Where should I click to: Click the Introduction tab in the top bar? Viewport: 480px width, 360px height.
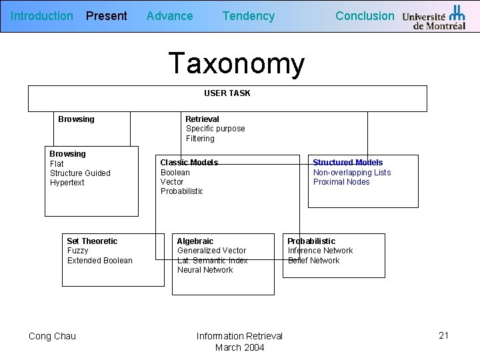tap(42, 16)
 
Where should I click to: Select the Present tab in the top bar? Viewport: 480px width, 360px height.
tap(107, 16)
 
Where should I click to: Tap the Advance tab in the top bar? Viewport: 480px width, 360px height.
tap(169, 16)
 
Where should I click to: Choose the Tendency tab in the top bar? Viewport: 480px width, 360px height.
tap(248, 16)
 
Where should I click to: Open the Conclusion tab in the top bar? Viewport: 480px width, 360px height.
tap(365, 16)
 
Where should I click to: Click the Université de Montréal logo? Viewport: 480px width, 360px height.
tap(434, 17)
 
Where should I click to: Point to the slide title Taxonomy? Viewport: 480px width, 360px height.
tap(237, 64)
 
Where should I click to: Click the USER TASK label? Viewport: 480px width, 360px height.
tap(227, 93)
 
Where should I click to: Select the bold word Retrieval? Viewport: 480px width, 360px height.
tap(202, 119)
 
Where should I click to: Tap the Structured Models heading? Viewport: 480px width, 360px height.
tap(348, 163)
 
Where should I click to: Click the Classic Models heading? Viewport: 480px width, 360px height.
tap(189, 163)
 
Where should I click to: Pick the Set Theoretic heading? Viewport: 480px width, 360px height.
tap(92, 241)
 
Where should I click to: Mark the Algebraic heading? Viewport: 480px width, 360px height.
tap(195, 241)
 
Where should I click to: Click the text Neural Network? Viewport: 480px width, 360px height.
tap(205, 270)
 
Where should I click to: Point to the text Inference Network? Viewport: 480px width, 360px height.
tap(320, 251)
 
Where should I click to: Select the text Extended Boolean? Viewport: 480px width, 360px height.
tap(100, 261)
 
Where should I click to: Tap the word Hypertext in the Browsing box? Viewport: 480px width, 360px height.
tap(67, 183)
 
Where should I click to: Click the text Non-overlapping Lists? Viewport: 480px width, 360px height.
tap(352, 173)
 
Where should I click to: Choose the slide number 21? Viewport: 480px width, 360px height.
tap(444, 335)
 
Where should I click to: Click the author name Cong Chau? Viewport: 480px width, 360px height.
tap(52, 336)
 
